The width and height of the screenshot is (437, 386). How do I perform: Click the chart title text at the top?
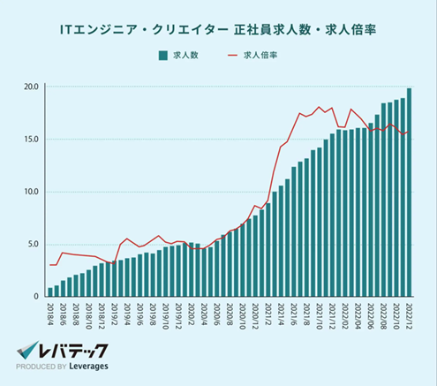[219, 29]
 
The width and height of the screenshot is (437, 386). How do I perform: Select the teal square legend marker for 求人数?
[163, 55]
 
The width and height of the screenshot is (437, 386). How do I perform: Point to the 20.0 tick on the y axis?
[31, 87]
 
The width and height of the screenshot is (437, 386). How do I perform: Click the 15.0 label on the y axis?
[31, 140]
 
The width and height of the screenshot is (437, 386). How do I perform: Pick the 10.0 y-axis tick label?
[31, 192]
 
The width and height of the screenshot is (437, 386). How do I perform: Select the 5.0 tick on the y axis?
[33, 245]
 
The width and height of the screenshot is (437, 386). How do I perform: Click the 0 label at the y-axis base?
[37, 297]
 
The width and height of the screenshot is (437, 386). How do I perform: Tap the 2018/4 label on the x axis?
[50, 314]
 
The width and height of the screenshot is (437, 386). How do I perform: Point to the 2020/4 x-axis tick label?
[206, 314]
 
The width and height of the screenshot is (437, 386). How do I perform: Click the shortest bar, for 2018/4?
[50, 292]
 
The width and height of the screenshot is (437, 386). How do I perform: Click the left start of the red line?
[50, 265]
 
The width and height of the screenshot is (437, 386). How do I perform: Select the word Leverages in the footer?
[93, 369]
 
